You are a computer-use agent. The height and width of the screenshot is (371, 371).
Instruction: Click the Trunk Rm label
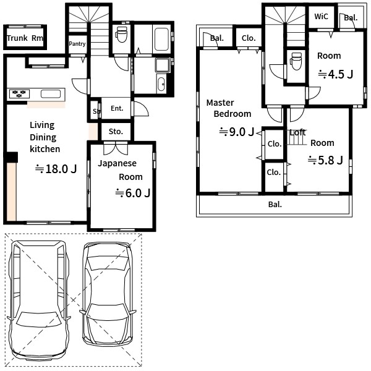click(x=25, y=38)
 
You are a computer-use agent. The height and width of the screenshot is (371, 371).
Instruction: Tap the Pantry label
click(x=77, y=44)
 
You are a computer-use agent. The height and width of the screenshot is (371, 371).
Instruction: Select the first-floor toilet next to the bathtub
click(x=122, y=34)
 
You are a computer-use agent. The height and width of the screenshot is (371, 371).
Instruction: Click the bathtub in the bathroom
click(x=161, y=40)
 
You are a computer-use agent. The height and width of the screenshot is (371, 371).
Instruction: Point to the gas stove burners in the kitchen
click(x=19, y=93)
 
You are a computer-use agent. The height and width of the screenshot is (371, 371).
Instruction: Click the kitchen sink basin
click(x=51, y=94)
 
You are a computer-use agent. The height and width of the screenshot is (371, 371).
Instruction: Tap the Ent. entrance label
click(x=117, y=108)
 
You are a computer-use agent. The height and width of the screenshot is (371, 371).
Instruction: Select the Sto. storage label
click(x=116, y=131)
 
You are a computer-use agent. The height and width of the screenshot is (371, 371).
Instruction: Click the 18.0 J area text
click(x=56, y=169)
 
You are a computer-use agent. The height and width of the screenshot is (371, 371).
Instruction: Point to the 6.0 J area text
click(x=133, y=193)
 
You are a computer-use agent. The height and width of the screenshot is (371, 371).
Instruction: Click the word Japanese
click(x=117, y=163)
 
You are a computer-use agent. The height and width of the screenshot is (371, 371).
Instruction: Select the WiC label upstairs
click(x=321, y=17)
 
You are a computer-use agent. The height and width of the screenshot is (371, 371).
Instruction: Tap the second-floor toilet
click(x=296, y=61)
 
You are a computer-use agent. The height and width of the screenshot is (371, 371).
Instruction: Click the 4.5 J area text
click(x=336, y=74)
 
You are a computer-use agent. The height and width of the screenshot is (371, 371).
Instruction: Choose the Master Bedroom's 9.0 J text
click(x=237, y=132)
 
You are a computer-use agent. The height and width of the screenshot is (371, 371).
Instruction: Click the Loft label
click(x=297, y=132)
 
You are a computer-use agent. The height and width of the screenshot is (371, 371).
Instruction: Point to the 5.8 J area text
click(x=325, y=160)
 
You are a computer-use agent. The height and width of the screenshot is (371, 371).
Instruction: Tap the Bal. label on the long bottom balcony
click(x=275, y=205)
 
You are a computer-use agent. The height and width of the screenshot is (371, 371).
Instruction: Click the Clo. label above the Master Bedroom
click(x=249, y=38)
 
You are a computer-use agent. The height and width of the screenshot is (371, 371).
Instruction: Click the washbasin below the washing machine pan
click(x=161, y=83)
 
